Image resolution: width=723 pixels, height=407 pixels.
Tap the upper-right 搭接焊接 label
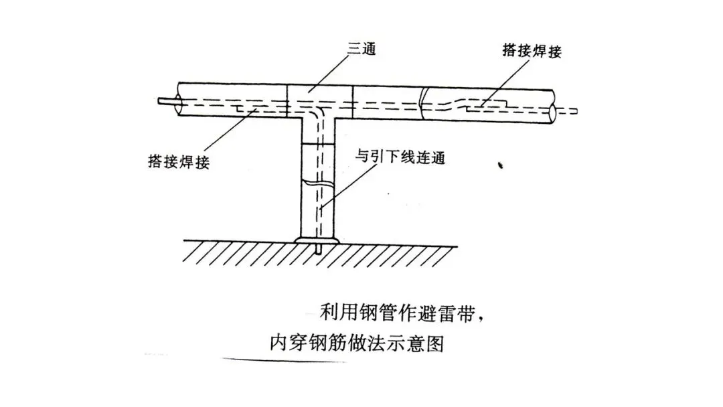click(x=531, y=51)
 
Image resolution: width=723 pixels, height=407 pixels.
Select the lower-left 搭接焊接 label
click(x=178, y=161)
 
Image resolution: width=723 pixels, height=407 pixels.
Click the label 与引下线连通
click(x=401, y=159)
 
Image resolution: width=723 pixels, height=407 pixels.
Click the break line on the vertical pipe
click(x=317, y=181)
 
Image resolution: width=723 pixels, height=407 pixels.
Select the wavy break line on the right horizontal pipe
click(x=421, y=101)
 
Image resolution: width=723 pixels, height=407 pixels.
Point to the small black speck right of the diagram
click(x=500, y=165)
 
